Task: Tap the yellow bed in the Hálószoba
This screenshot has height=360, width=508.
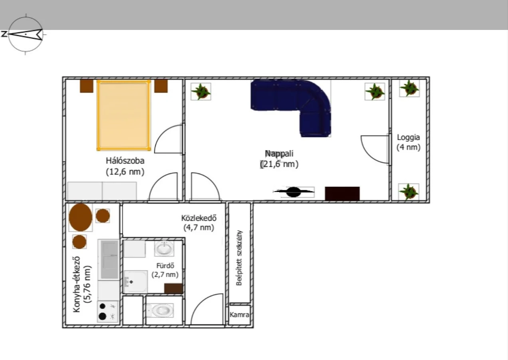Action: [x=124, y=115]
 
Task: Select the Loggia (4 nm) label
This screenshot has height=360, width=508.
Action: [x=409, y=142]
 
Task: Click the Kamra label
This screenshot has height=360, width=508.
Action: [x=239, y=315]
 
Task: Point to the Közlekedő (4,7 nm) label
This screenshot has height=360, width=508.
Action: [x=199, y=223]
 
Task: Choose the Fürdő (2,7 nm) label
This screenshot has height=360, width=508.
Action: [x=165, y=270]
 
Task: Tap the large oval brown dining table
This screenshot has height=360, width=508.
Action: [x=81, y=217]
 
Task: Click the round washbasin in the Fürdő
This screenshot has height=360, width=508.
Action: [x=164, y=249]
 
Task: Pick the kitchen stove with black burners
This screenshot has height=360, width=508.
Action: [x=108, y=311]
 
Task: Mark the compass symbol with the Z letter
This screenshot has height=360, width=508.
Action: [x=24, y=34]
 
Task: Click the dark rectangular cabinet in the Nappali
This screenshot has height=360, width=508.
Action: [x=342, y=194]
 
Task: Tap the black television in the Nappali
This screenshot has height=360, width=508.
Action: [x=294, y=192]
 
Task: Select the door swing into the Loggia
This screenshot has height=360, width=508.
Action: [x=375, y=149]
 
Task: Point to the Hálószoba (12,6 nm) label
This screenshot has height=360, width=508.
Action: [x=125, y=166]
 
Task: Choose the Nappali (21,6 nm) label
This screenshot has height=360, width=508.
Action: [x=279, y=159]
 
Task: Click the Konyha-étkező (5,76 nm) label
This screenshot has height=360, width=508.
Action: [x=82, y=284]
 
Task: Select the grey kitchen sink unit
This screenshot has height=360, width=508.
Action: [x=109, y=260]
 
